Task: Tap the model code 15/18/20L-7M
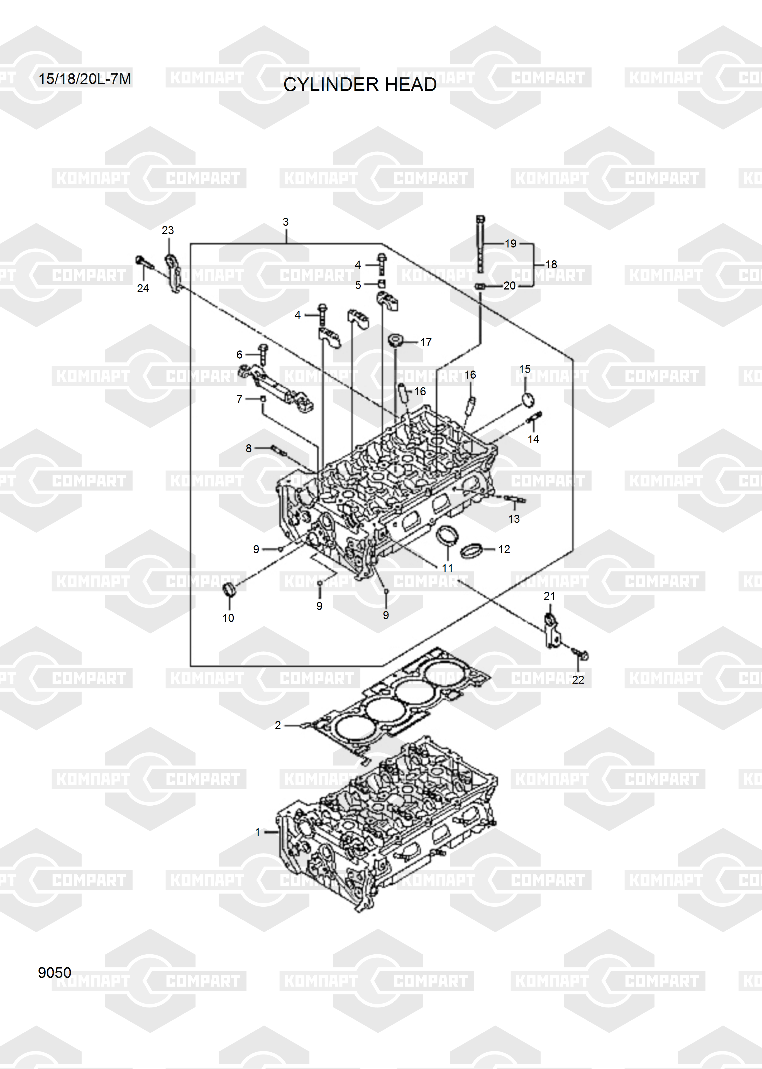[x=84, y=79]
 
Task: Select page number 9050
[x=54, y=973]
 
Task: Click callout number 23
[x=167, y=230]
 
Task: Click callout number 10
[x=228, y=618]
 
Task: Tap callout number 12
[x=504, y=550]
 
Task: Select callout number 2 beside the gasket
[x=278, y=725]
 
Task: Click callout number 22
[x=578, y=680]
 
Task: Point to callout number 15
[x=525, y=369]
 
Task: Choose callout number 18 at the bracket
[x=551, y=264]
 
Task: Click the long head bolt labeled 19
[x=480, y=244]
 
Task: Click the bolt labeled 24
[x=144, y=263]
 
